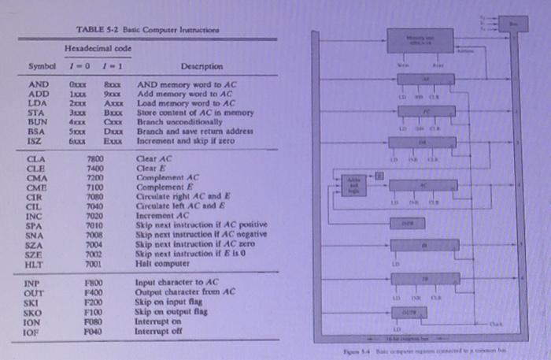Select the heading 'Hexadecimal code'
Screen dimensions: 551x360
coord(98,47)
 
